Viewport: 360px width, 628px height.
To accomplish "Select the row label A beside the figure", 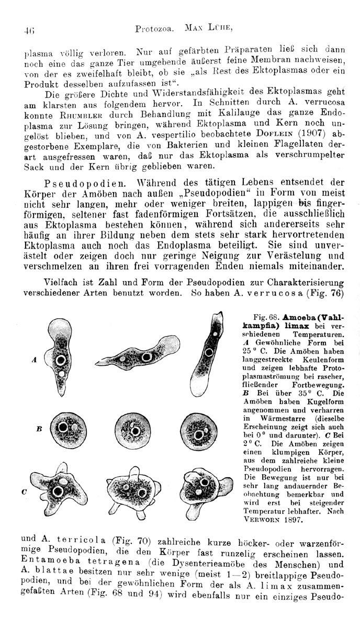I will (x=33, y=360).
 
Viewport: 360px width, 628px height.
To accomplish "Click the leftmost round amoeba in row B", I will (x=65, y=431).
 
